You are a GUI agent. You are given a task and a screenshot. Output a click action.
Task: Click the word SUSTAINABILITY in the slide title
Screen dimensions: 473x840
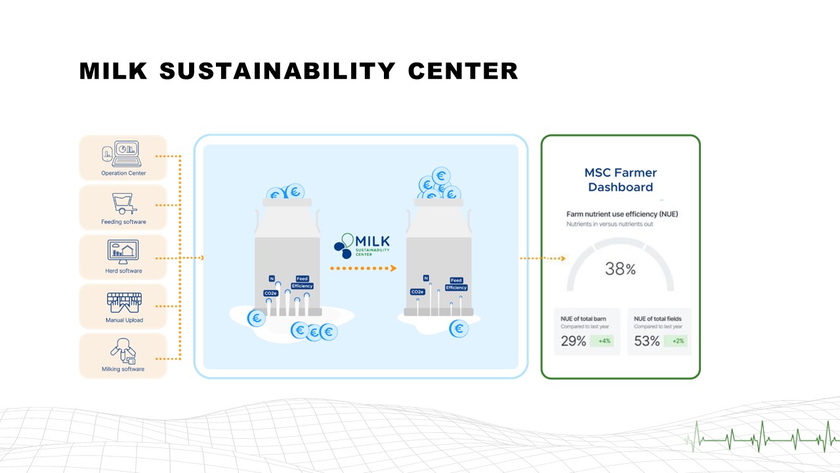point(278,71)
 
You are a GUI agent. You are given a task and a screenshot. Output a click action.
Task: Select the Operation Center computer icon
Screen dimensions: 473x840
point(123,154)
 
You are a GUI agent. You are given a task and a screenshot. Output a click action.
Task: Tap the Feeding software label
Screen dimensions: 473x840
point(123,222)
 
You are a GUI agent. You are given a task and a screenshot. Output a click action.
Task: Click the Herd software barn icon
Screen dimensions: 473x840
point(123,252)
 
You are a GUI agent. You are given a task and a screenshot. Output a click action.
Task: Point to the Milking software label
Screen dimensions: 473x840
point(123,369)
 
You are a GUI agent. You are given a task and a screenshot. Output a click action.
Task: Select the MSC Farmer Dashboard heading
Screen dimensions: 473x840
point(620,180)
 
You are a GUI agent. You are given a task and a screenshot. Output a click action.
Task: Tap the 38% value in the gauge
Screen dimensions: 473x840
point(620,269)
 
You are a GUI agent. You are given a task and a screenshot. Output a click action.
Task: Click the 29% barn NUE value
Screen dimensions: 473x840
point(573,342)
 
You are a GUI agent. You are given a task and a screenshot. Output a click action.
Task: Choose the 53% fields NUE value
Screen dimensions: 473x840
point(646,342)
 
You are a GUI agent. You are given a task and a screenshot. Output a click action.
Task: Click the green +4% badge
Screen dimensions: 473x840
point(604,341)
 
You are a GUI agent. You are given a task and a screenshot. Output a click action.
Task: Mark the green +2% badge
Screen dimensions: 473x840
point(678,341)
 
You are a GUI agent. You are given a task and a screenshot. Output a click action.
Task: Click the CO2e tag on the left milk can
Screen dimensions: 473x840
point(270,293)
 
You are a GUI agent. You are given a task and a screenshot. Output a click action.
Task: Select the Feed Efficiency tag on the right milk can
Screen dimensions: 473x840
point(456,284)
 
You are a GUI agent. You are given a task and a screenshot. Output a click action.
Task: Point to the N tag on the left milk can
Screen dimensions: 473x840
point(272,279)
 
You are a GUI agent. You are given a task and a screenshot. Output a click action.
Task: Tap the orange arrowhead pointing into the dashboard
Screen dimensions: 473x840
point(562,258)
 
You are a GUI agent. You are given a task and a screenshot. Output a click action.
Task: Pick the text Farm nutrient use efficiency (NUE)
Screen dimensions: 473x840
point(622,214)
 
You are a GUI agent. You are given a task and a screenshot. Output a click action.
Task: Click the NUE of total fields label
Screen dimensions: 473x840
point(658,319)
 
